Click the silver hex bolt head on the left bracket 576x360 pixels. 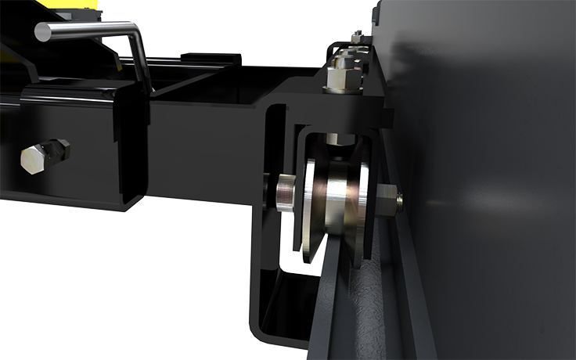34,159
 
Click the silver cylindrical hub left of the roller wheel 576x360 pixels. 285,193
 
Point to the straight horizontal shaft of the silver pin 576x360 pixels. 86,33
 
